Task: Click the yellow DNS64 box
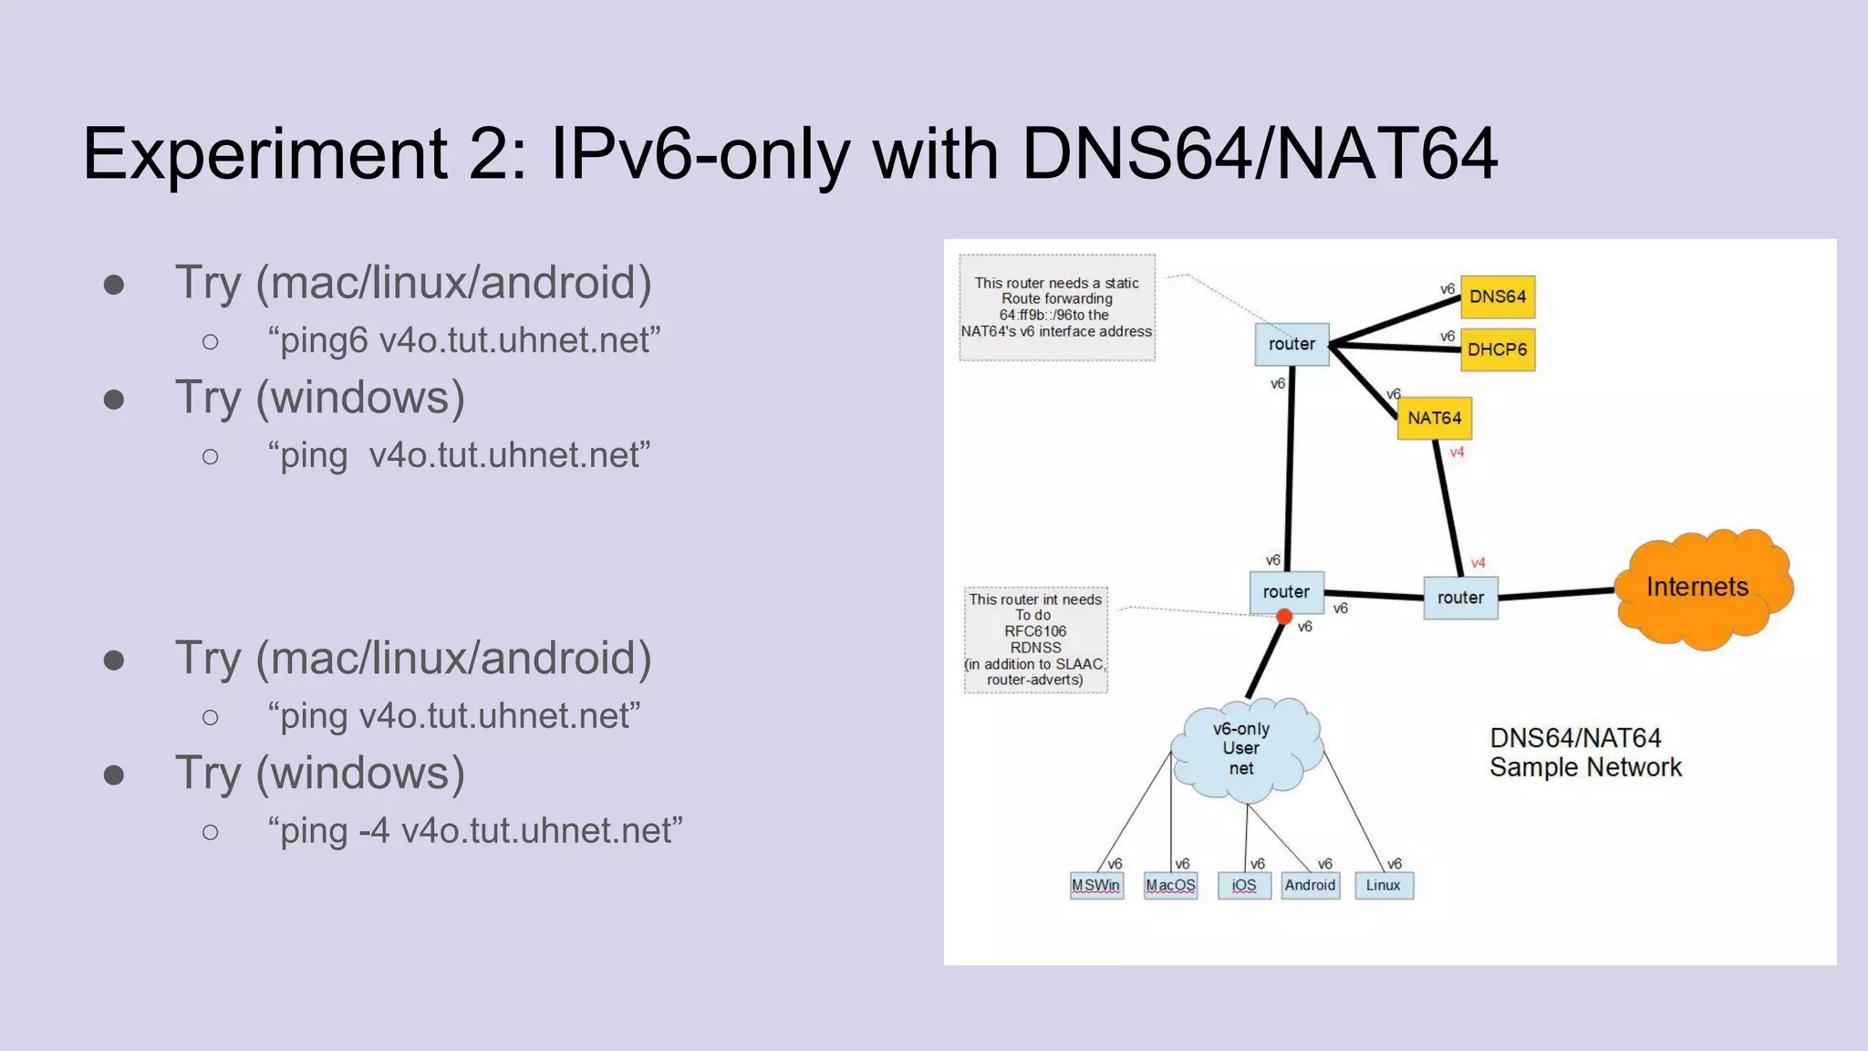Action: [x=1497, y=297]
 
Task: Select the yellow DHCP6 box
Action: [x=1497, y=349]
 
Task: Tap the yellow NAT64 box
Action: [x=1434, y=418]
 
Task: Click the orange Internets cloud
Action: [x=1698, y=588]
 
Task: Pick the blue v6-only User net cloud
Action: [x=1244, y=749]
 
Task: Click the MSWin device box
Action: [x=1095, y=885]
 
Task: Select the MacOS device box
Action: [x=1170, y=885]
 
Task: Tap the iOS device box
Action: [x=1244, y=885]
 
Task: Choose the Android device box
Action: [x=1310, y=885]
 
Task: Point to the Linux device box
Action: [x=1384, y=885]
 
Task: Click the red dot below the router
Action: [x=1284, y=618]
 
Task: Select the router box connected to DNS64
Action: [x=1292, y=344]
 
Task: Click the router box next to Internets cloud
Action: [x=1460, y=598]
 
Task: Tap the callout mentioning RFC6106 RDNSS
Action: [x=1036, y=640]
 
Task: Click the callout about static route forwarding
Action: [x=1057, y=307]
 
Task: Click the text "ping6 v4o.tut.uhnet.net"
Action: [x=463, y=340]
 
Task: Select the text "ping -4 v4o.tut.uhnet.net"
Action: [x=474, y=831]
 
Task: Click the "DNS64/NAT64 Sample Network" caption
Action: [x=1585, y=753]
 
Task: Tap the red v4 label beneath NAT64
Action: [x=1457, y=453]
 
